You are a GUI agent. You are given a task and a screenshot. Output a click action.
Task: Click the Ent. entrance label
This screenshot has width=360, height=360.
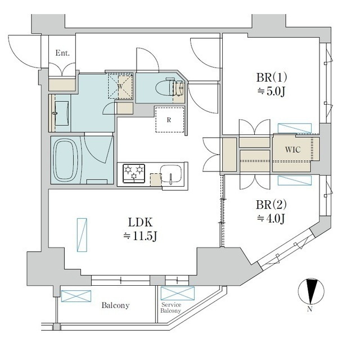62,53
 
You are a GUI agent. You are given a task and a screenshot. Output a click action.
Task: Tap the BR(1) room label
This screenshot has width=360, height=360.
271,78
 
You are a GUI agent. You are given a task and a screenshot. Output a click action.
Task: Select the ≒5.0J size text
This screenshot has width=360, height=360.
271,92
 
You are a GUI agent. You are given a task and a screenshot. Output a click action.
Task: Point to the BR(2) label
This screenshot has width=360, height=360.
271,205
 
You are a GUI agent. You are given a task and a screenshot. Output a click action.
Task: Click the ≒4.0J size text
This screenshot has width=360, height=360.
271,218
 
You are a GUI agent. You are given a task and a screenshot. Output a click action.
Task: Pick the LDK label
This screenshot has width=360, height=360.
140,223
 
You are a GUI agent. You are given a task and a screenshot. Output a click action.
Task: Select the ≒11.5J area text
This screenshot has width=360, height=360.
140,236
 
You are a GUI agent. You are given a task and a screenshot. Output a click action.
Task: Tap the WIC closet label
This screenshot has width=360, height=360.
292,150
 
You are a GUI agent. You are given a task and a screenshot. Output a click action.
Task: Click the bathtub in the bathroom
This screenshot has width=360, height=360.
66,160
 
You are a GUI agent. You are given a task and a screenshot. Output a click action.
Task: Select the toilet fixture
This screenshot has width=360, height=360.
170,88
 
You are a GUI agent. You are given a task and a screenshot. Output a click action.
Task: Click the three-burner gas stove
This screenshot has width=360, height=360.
134,173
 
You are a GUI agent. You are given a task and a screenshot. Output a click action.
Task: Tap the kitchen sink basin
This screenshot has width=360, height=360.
171,174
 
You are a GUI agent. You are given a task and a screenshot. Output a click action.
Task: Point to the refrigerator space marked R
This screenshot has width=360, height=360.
170,120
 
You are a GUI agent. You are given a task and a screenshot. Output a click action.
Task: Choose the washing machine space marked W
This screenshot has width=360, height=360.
120,86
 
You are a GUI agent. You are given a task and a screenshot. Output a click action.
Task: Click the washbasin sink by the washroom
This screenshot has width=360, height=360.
62,113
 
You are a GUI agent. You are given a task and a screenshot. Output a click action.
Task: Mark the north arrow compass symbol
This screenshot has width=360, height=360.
311,291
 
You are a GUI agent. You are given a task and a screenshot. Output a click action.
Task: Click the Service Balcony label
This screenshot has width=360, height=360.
171,308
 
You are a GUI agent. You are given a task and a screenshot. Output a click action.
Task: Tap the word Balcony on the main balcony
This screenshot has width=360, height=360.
115,305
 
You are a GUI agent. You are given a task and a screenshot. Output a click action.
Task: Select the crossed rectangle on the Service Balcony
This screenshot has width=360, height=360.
178,294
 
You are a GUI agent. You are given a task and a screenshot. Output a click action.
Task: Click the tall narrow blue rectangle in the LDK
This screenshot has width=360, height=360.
82,235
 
